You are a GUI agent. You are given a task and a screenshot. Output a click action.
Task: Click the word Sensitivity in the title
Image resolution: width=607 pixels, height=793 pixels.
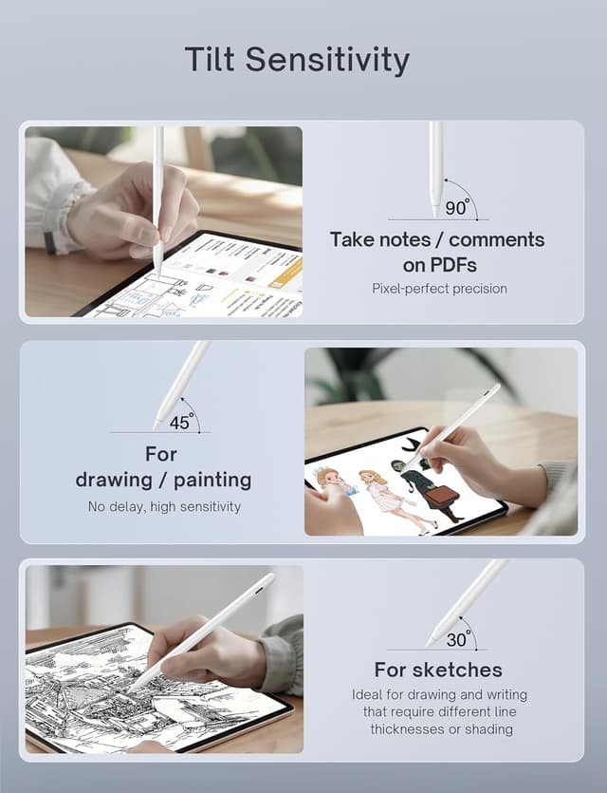327,59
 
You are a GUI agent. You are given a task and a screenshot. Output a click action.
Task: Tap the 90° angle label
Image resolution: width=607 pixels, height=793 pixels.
456,208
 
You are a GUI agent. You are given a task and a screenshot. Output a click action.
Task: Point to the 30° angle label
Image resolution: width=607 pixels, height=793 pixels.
458,639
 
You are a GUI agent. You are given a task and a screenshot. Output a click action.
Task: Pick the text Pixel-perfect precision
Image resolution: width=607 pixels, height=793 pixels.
439,289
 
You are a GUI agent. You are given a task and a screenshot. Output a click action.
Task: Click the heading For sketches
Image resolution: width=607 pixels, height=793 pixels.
438,670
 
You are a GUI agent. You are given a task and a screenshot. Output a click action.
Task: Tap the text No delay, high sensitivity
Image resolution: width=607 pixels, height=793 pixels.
165,507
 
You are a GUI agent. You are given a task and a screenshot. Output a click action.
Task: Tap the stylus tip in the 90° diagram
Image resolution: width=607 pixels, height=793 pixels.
436,214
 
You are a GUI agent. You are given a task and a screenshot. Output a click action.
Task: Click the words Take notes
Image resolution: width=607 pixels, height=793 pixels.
384,239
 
